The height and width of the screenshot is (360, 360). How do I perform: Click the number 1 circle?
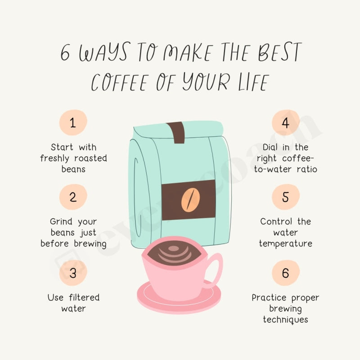73,123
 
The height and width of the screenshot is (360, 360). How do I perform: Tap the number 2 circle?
73,197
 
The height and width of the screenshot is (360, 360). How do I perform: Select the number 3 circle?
73,273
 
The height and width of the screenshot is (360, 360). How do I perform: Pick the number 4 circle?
285,123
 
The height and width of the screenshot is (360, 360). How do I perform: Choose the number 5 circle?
285,197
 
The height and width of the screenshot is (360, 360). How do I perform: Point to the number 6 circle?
285,273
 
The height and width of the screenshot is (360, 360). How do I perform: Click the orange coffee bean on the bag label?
189,200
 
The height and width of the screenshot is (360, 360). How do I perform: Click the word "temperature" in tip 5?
285,243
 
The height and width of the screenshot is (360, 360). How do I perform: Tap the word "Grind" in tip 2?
61,222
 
